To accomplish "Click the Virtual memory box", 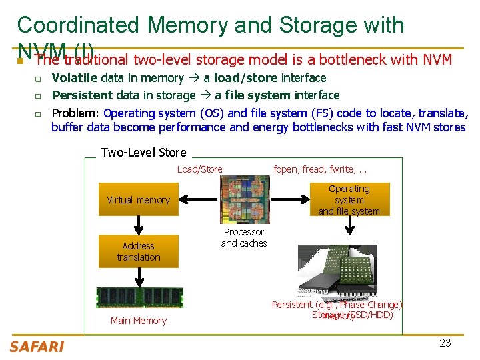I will [139, 199].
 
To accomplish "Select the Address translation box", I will [139, 251].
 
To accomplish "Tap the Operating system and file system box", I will [349, 199].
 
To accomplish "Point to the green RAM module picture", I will [139, 297].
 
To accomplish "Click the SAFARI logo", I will [37, 346].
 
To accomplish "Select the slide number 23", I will [445, 343].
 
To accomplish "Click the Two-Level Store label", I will [143, 153].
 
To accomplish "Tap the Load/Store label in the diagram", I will [200, 169].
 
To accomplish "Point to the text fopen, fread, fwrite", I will [320, 169].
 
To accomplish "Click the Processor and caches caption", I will [244, 237].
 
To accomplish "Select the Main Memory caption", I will [139, 321].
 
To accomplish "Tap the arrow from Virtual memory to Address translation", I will [139, 225].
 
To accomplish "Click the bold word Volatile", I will [75, 78].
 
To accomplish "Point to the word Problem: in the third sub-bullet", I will [76, 113].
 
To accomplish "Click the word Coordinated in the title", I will [77, 25].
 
